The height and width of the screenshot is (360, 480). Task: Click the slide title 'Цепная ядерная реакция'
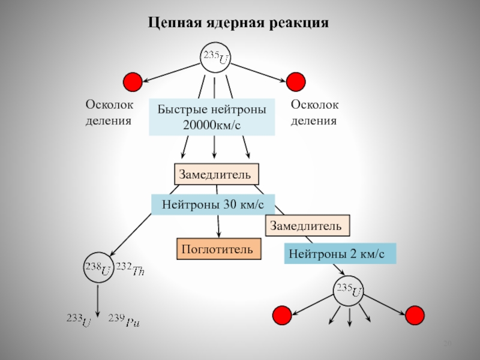(239, 23)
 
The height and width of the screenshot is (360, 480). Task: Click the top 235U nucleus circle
(215, 58)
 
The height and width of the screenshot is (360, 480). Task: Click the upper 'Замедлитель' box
(217, 174)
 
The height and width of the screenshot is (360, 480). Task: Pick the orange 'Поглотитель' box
(219, 248)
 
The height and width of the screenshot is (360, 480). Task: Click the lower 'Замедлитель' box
(307, 226)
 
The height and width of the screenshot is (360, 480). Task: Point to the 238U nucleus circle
(98, 269)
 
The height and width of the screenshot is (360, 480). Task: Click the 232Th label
(130, 269)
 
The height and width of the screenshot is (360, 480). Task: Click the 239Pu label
(124, 321)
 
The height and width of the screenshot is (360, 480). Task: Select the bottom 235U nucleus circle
(349, 292)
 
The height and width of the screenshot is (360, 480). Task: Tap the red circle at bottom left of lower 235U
(282, 314)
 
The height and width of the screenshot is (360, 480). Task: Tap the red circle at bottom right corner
(415, 314)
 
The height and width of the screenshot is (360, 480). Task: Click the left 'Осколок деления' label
(108, 113)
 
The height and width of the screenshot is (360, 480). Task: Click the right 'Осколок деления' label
(314, 113)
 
